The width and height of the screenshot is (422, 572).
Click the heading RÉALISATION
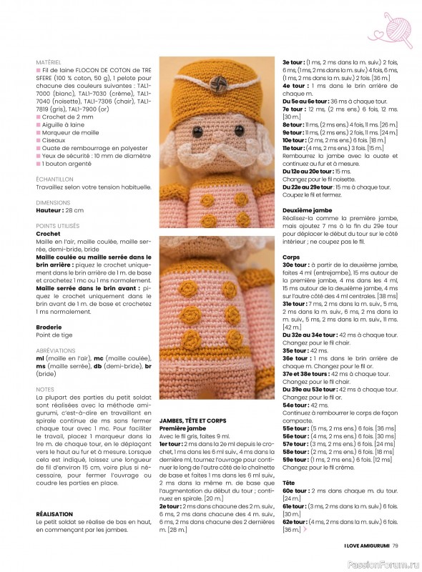(x=54, y=514)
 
